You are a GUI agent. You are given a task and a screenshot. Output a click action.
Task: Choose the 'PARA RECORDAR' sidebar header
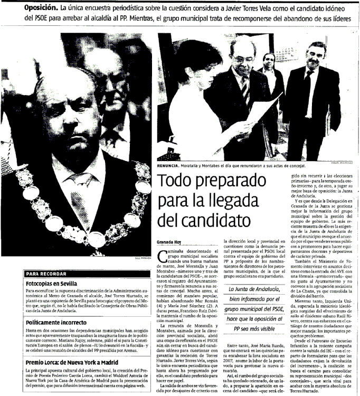pyautogui.click(x=46, y=274)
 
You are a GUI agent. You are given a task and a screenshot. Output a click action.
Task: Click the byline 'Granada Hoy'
pyautogui.click(x=172, y=243)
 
